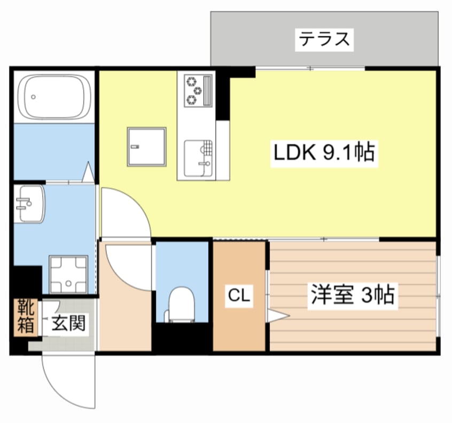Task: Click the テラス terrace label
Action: [x=324, y=40]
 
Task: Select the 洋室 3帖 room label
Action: [x=352, y=295]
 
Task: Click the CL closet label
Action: [x=239, y=295]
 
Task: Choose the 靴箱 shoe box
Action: [x=26, y=317]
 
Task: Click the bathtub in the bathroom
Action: [x=53, y=97]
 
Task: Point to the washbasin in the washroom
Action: [x=29, y=203]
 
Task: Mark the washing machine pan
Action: [x=68, y=274]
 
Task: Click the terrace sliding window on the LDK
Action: [x=310, y=68]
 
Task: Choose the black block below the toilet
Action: [x=182, y=338]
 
